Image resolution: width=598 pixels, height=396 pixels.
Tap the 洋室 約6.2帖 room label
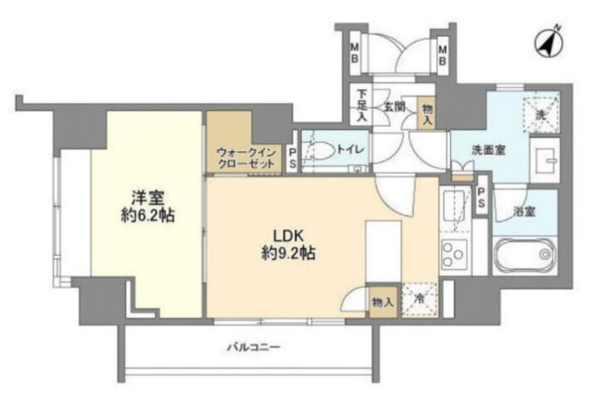[148, 206]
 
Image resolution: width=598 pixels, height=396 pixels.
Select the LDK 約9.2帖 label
[288, 244]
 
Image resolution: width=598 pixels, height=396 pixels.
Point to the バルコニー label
[254, 347]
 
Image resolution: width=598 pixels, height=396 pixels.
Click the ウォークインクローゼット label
[246, 159]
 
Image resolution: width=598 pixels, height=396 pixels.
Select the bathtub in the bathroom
[525, 255]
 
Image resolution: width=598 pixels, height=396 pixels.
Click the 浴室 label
[524, 212]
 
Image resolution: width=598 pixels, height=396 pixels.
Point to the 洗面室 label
[488, 150]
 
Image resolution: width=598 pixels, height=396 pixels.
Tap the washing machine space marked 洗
[542, 113]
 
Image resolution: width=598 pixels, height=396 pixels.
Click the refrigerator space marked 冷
[419, 300]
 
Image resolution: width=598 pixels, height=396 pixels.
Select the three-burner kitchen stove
[454, 253]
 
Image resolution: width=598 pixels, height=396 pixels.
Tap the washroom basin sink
[546, 160]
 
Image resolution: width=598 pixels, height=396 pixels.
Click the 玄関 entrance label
[394, 107]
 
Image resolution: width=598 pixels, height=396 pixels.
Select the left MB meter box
[355, 53]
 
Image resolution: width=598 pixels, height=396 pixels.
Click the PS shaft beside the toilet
[292, 159]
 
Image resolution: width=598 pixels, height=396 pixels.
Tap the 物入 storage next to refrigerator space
[383, 303]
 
